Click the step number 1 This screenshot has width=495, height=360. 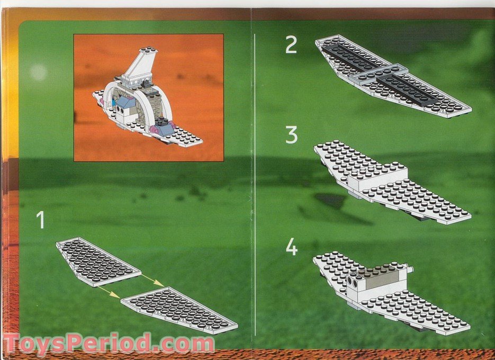click(x=40, y=220)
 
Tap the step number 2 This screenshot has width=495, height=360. click(x=291, y=45)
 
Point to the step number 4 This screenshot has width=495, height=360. click(x=291, y=247)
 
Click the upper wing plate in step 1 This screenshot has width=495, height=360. click(x=98, y=261)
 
